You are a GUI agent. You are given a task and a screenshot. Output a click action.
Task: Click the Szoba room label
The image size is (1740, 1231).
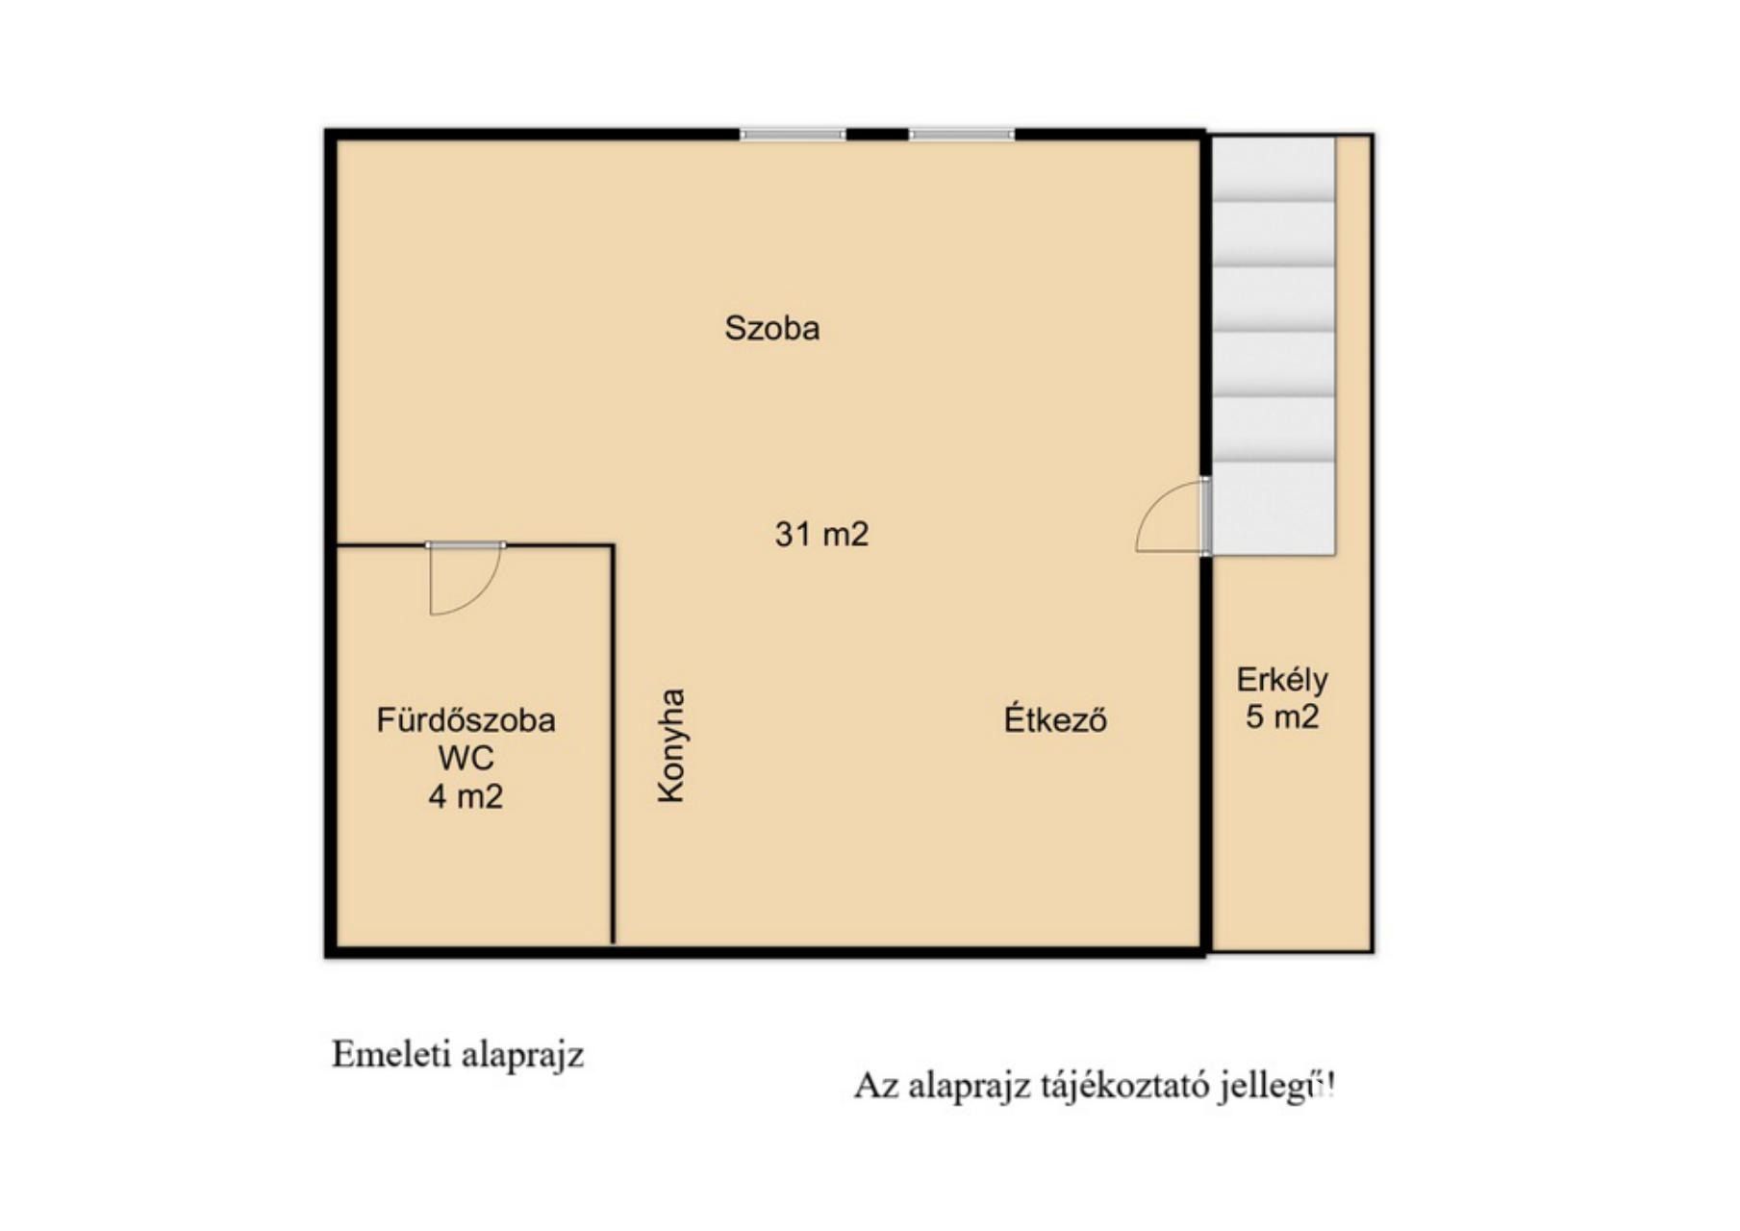point(771,328)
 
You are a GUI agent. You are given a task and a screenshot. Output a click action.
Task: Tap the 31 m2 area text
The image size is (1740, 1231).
point(821,534)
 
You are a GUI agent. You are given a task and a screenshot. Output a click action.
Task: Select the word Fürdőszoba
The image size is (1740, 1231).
point(466,720)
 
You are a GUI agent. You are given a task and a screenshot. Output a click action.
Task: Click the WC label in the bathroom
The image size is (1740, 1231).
point(466,758)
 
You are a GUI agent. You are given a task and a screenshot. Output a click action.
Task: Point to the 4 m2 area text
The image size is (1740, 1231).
point(466,796)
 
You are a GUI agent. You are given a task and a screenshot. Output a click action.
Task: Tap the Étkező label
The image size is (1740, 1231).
point(1055,718)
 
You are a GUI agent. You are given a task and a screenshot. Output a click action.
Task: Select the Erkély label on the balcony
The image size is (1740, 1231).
point(1282,680)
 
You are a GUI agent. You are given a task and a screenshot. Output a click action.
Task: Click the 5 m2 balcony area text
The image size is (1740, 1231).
point(1282,716)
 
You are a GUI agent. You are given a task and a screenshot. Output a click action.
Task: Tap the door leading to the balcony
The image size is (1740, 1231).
point(1205,515)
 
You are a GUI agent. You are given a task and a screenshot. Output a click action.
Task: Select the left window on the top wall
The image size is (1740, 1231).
point(792,135)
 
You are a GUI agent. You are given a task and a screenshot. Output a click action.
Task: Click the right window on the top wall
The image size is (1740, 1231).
point(961,135)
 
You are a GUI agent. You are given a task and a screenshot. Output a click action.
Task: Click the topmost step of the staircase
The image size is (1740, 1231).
point(1273,168)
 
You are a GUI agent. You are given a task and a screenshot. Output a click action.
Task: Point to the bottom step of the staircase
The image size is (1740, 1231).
point(1273,508)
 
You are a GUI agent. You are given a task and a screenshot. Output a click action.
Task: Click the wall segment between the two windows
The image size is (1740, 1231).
point(877,135)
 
